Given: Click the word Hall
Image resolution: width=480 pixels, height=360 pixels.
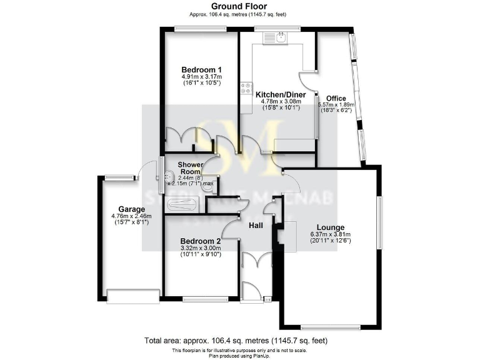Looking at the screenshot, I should (x=256, y=225).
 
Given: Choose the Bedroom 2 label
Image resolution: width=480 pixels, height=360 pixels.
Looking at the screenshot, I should (x=201, y=241).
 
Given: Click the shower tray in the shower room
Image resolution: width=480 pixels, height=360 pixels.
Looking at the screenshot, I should (x=181, y=204).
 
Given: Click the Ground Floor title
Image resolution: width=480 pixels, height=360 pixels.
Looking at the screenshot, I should (x=239, y=6).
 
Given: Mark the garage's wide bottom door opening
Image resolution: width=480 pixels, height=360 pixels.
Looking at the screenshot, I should (x=133, y=296).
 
